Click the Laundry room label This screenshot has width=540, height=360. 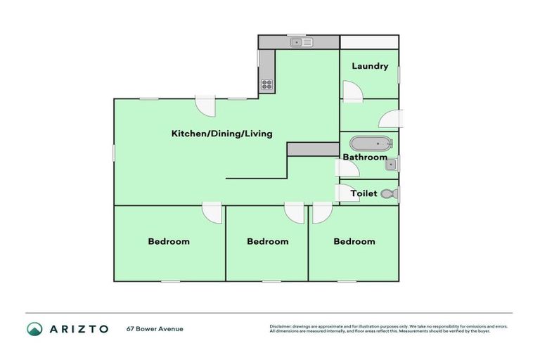pos(369,66)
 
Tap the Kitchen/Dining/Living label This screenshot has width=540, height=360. pos(221,133)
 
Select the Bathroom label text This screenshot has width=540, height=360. pos(364,157)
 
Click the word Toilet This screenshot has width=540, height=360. pos(364,193)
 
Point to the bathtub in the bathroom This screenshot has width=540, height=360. pos(371,143)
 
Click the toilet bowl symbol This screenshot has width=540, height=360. pos(388,193)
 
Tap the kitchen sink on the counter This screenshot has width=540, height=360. pos(303,42)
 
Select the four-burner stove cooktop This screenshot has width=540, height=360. pos(266,84)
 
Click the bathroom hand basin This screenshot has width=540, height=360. pos(392,165)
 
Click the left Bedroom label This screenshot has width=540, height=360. pos(168,241)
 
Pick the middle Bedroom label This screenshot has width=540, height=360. pos(267,241)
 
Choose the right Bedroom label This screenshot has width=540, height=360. pos(354,241)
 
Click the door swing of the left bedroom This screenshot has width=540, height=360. pos(212,212)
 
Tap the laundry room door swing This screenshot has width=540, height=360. pos(352,91)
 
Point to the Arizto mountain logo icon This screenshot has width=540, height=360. pos(34,328)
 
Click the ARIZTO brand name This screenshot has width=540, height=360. pos(79,328)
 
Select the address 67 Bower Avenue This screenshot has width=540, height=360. pos(155,328)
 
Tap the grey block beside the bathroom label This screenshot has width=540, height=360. pos(313,148)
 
